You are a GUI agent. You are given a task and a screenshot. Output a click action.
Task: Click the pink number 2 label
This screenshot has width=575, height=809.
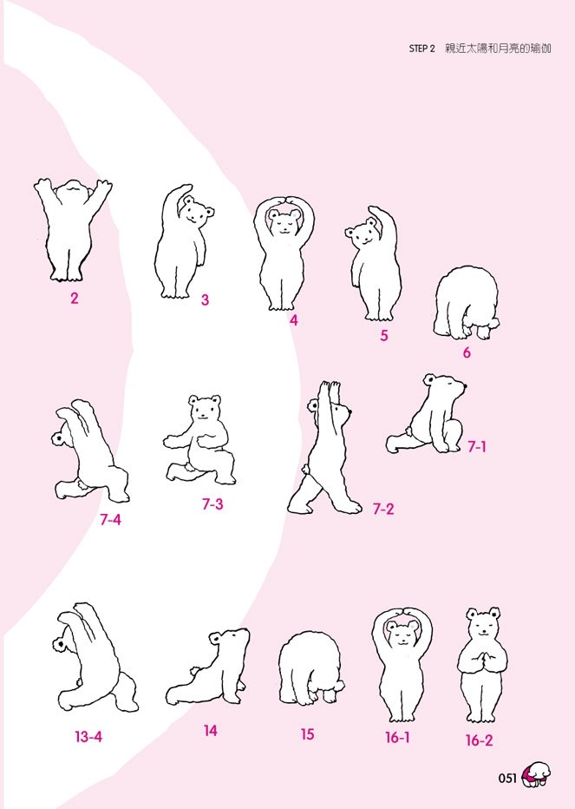(75, 299)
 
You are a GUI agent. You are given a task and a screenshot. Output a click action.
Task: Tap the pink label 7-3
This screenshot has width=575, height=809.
(212, 504)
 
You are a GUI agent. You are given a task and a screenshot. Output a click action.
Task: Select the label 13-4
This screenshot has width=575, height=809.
(88, 737)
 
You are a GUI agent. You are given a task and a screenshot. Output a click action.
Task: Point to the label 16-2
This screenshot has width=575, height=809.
(479, 740)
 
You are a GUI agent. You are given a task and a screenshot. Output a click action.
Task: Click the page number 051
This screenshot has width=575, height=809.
(507, 778)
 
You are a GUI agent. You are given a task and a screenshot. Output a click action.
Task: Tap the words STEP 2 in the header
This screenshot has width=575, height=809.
(421, 49)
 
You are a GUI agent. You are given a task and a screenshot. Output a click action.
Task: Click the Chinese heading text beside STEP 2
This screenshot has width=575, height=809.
(498, 49)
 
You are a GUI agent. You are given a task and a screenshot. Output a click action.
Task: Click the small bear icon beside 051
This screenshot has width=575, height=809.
(535, 775)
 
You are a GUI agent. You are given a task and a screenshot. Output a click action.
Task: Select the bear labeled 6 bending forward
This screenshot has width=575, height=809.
(467, 303)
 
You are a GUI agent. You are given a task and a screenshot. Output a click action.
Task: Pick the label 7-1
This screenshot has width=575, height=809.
(477, 447)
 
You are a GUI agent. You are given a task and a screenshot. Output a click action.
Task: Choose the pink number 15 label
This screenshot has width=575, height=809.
(307, 733)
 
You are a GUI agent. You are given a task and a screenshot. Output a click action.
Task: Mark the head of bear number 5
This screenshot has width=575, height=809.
(363, 232)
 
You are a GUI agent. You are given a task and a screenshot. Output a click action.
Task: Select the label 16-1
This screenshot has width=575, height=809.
(397, 738)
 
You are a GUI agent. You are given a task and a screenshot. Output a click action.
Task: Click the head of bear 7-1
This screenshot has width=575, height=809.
(445, 387)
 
